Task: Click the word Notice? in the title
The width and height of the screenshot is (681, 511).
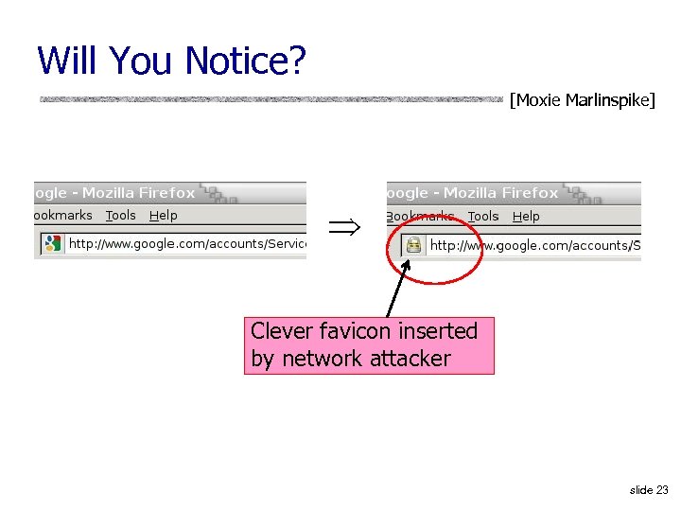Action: pyautogui.click(x=246, y=62)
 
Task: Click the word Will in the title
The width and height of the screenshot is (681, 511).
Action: pyautogui.click(x=69, y=62)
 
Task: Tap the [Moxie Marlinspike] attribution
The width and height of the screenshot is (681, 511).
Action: pyautogui.click(x=582, y=99)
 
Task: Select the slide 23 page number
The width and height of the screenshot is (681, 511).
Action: pyautogui.click(x=649, y=489)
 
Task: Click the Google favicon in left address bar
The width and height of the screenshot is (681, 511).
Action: pyautogui.click(x=52, y=243)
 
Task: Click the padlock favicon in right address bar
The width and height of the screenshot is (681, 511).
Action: pyautogui.click(x=413, y=245)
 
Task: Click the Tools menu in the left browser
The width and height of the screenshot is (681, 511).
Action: pyautogui.click(x=121, y=216)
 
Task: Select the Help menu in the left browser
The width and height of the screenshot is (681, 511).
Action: pyautogui.click(x=163, y=216)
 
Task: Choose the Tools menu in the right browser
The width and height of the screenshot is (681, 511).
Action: pyautogui.click(x=483, y=217)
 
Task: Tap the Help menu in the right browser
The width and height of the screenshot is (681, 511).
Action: pyautogui.click(x=526, y=217)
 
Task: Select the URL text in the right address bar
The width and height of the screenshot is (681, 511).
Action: pyautogui.click(x=535, y=245)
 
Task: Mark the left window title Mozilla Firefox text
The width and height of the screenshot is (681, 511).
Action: pyautogui.click(x=138, y=193)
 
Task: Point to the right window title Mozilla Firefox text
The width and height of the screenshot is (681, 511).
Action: pyautogui.click(x=500, y=193)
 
